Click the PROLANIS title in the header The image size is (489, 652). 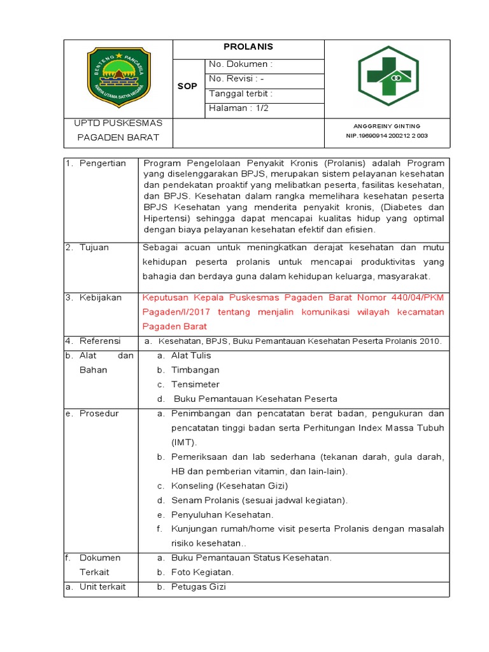pyautogui.click(x=248, y=47)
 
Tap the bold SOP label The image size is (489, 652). pyautogui.click(x=187, y=86)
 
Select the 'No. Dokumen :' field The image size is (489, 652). pyautogui.click(x=241, y=64)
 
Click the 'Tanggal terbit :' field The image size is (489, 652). pyautogui.click(x=241, y=93)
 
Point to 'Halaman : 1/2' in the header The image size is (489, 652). pyautogui.click(x=239, y=108)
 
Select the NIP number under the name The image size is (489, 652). pyautogui.click(x=386, y=136)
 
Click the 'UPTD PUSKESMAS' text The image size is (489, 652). pyautogui.click(x=118, y=122)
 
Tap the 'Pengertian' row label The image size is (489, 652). pyautogui.click(x=103, y=164)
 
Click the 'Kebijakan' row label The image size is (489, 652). pyautogui.click(x=101, y=297)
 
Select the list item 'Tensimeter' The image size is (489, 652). pyautogui.click(x=195, y=385)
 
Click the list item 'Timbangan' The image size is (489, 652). pyautogui.click(x=195, y=370)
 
